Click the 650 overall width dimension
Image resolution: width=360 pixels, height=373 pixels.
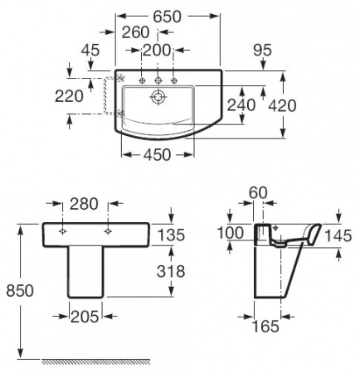pyautogui.click(x=168, y=17)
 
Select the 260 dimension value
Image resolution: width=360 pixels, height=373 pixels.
pyautogui.click(x=135, y=32)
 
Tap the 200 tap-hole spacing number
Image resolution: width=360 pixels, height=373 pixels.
pyautogui.click(x=157, y=51)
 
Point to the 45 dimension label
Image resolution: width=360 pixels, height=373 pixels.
pyautogui.click(x=90, y=51)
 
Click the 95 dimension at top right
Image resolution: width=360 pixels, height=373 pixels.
pyautogui.click(x=263, y=51)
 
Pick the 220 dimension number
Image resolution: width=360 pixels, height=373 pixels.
pyautogui.click(x=69, y=97)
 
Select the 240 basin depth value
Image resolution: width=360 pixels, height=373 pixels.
pyautogui.click(x=241, y=105)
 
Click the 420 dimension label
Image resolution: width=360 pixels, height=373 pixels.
pyautogui.click(x=282, y=106)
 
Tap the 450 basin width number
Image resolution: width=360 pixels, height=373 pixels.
pyautogui.click(x=157, y=155)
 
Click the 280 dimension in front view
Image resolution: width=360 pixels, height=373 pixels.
pyautogui.click(x=84, y=204)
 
